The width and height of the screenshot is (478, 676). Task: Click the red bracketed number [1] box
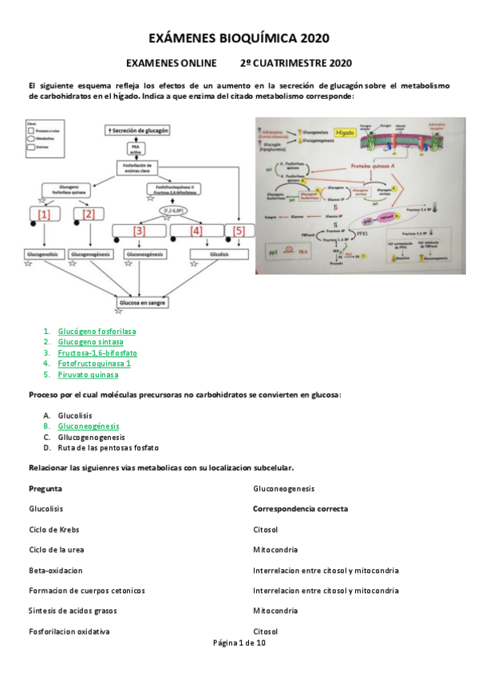coord(44,214)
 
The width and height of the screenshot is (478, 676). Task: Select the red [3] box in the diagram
coord(139,231)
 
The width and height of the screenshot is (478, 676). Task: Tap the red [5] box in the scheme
coord(239,231)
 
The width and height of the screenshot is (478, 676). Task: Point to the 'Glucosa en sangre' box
coord(140,304)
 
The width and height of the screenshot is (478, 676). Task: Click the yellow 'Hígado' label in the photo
coord(345,133)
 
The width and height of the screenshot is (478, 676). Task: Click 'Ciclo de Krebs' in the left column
coord(53,529)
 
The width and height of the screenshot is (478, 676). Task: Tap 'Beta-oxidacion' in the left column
coord(55,571)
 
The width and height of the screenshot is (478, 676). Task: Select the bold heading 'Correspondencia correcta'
coord(300,509)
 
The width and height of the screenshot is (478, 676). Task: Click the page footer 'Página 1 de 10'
coord(239,643)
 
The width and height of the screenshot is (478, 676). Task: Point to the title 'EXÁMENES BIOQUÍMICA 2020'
coord(239,38)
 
